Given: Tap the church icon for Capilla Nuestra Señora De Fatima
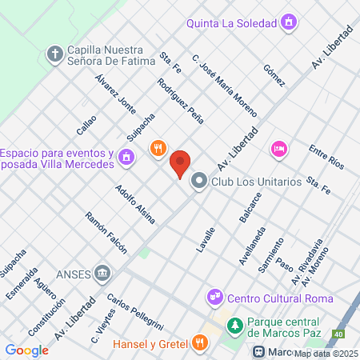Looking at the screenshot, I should tap(54, 54).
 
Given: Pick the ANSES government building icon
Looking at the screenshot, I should tap(102, 274).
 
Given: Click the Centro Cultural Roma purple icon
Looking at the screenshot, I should tap(214, 298).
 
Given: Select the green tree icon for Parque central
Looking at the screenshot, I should tap(235, 325).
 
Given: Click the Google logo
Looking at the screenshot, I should tap(26, 350).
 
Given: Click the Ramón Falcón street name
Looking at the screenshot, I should tap(106, 233).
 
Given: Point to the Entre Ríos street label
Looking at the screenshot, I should tap(326, 158).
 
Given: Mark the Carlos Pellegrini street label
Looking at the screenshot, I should tap(134, 313).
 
